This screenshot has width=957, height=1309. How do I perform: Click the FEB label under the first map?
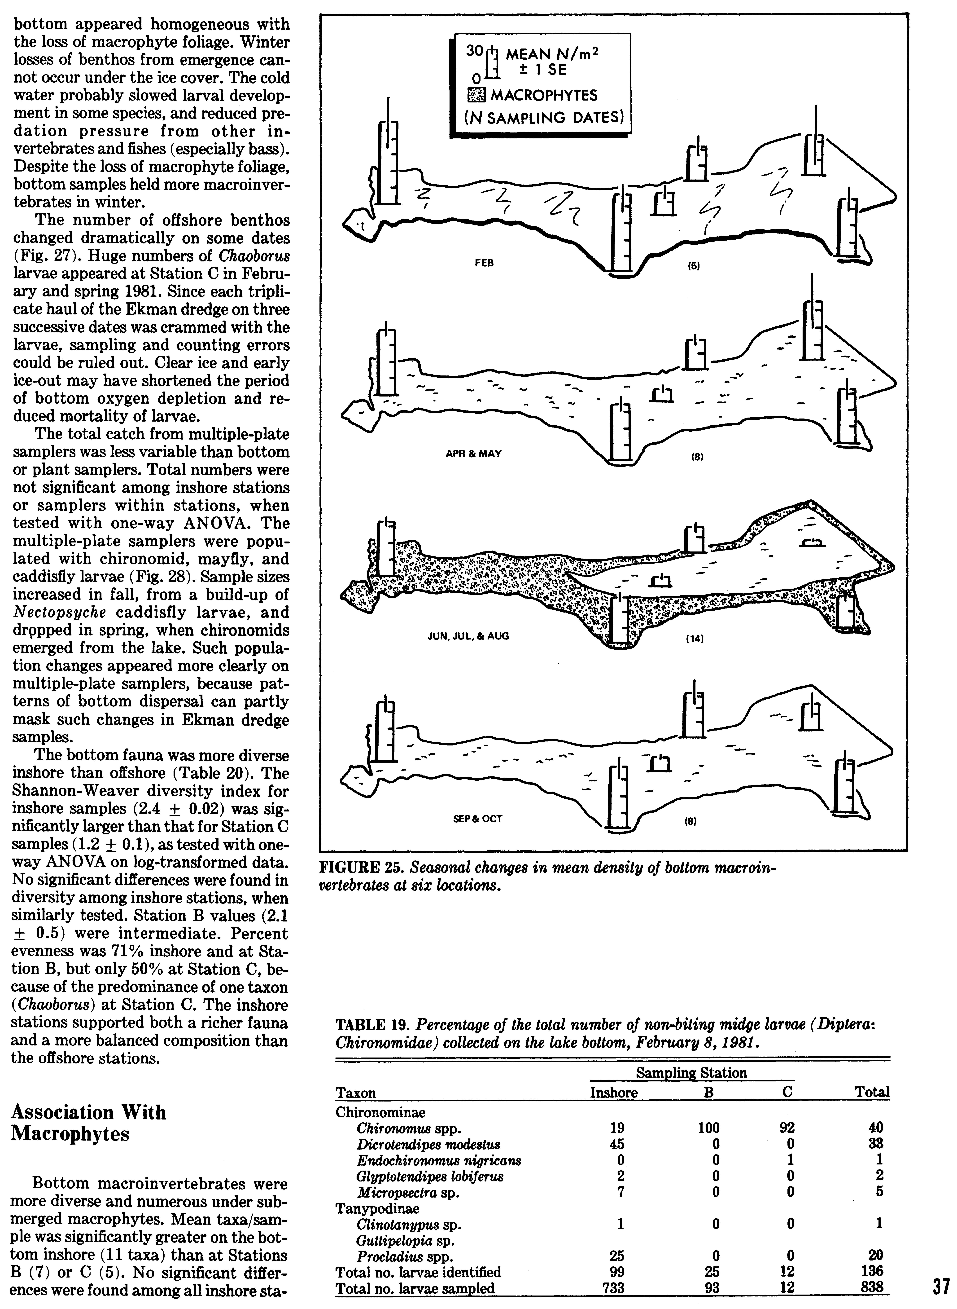[484, 263]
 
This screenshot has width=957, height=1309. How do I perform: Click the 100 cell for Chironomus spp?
[708, 1128]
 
